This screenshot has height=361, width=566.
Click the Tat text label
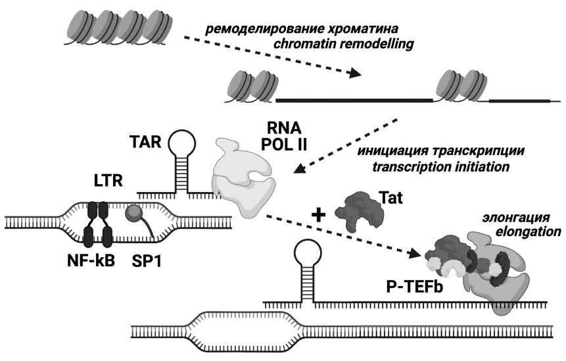391,196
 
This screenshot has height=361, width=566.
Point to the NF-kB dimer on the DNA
99,224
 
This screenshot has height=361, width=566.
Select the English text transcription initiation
440,166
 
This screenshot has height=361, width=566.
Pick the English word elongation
533,231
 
